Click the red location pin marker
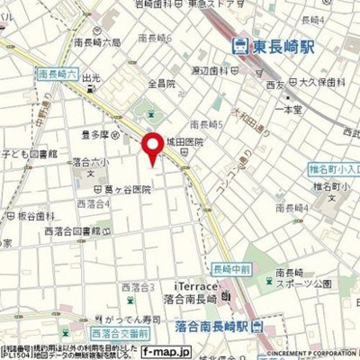coord(154,148)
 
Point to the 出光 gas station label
coord(91,78)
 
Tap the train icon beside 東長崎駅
coord(238,44)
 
